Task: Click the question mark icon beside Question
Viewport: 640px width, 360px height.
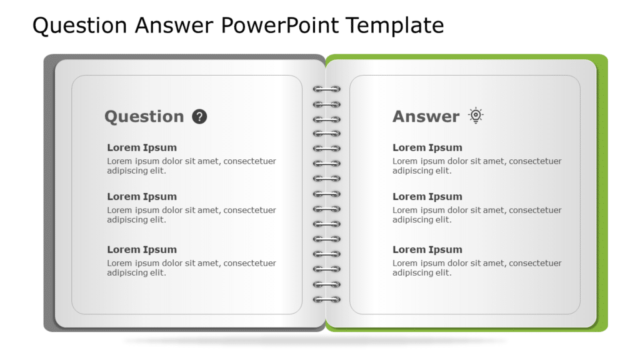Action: pos(199,116)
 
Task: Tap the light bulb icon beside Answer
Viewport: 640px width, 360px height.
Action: pos(476,116)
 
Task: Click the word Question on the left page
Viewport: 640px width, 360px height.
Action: pos(144,117)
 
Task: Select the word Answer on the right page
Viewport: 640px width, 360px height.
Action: pos(426,117)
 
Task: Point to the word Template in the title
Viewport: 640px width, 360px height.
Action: pos(394,26)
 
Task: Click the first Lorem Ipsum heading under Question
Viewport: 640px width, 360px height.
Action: pos(142,147)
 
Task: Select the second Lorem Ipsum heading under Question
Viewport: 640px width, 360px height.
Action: pos(142,196)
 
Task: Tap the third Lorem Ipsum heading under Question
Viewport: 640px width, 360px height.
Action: pos(142,249)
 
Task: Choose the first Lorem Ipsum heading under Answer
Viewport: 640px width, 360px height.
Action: pos(427,147)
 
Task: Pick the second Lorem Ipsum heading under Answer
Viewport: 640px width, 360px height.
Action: pos(427,196)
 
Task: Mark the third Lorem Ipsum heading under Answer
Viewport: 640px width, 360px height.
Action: pos(427,249)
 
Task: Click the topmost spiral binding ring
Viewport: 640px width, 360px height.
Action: pos(327,89)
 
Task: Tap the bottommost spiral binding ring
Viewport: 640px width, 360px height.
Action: pos(327,299)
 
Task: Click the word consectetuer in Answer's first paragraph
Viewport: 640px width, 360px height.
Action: pos(535,161)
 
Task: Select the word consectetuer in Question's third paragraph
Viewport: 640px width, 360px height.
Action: pos(249,263)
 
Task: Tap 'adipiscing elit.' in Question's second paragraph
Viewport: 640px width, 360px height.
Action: pos(136,220)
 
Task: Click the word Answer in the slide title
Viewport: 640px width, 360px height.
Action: pos(175,26)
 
